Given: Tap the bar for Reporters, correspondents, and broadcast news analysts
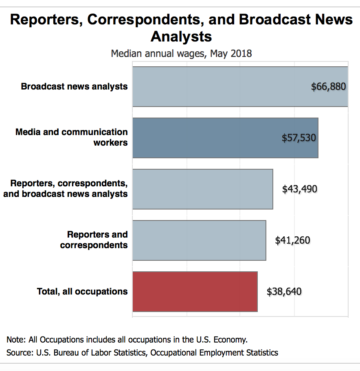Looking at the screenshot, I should pos(202,189).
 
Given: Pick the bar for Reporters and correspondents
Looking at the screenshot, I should pos(199,240).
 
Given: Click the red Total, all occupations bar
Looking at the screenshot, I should pos(195,292).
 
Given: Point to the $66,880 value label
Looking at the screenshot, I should pos(328,87).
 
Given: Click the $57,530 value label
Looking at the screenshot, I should pos(299,138).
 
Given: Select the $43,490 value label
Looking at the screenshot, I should pos(299,189).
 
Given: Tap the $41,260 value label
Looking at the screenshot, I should pos(292,240).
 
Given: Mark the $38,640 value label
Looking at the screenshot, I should pos(284,292).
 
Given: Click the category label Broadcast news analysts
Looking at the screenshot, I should pos(74,87).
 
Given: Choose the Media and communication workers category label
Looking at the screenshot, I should pos(71,137).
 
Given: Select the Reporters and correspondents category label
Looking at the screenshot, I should pos(94,240).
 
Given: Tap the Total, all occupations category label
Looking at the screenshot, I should pos(82,292).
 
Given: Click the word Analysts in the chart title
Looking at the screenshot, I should pos(181,37).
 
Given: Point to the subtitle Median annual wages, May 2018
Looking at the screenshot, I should pos(181,53).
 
